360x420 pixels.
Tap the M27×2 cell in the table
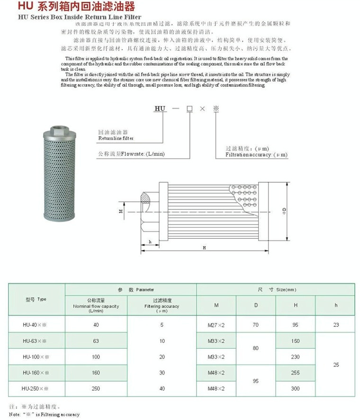tap(216, 324)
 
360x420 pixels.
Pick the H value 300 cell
tap(296, 389)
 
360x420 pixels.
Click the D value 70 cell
tap(256, 324)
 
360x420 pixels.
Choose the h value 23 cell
tap(336, 324)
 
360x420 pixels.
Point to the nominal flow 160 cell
tap(96, 373)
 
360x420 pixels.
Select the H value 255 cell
tap(296, 373)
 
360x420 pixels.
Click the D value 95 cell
tap(256, 381)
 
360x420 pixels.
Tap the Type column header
tap(36, 299)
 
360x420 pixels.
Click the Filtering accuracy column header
tap(162, 306)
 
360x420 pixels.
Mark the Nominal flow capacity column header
tap(96, 306)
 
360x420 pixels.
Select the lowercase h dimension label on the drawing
tap(150, 241)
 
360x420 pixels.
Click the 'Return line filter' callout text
tap(116, 138)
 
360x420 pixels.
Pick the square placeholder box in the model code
tap(189, 108)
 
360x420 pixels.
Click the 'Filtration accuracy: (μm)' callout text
tap(256, 155)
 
